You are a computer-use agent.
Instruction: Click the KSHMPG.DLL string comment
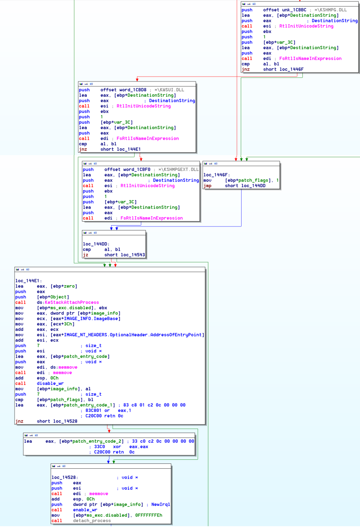click(330, 10)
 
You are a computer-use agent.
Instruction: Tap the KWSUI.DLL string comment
click(169, 90)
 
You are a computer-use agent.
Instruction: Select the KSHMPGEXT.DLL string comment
click(178, 169)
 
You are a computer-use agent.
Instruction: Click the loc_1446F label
click(216, 175)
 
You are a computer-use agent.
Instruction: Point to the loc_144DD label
click(96, 244)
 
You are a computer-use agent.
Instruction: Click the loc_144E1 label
click(28, 281)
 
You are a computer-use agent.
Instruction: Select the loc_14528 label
click(65, 477)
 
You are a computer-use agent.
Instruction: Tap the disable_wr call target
click(50, 383)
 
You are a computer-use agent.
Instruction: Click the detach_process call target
click(92, 521)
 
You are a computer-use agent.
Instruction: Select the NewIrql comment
click(161, 504)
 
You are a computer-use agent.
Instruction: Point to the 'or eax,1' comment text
click(118, 410)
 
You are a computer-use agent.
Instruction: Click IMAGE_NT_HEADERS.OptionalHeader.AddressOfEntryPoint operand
click(133, 335)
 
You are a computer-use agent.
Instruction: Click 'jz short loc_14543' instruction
click(114, 255)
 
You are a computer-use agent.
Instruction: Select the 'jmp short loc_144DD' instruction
click(234, 186)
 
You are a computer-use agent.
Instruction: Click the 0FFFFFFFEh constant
click(148, 515)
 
